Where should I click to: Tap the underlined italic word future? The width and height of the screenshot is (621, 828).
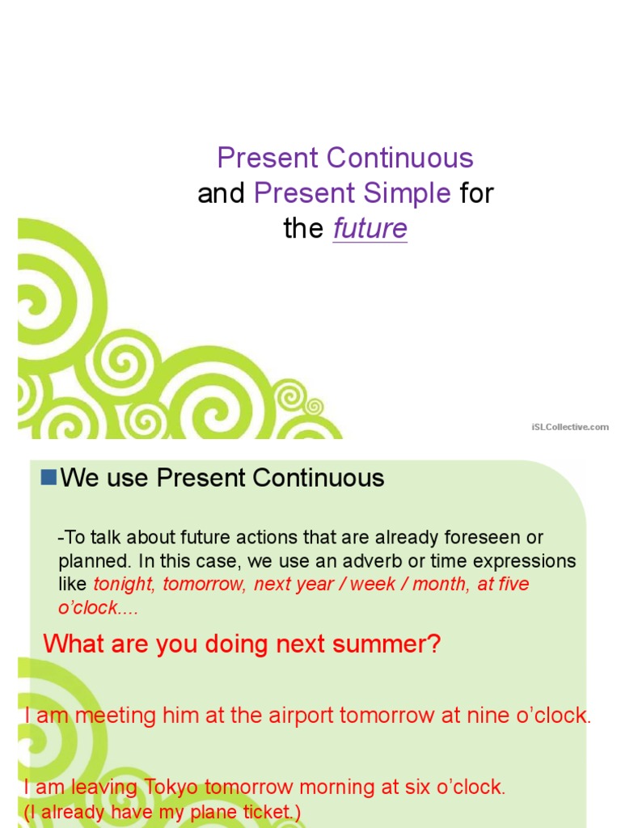click(x=370, y=229)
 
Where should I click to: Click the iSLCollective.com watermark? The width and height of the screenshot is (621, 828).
click(x=570, y=426)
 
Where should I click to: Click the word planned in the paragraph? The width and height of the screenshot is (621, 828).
click(x=90, y=561)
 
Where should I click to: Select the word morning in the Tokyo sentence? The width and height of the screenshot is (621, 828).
click(x=319, y=788)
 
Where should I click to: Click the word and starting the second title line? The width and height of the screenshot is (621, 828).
click(x=221, y=193)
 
